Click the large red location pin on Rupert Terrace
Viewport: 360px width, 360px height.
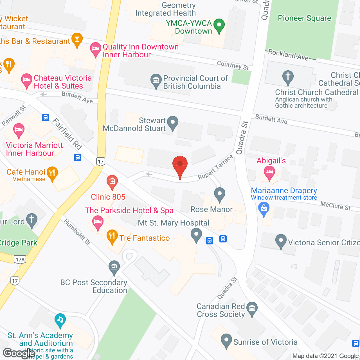pyautogui.click(x=180, y=164)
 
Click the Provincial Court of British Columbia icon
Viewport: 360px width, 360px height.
pyautogui.click(x=156, y=80)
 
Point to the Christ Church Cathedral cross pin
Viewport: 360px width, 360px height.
pyautogui.click(x=288, y=77)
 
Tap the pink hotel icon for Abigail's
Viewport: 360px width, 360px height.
pyautogui.click(x=269, y=172)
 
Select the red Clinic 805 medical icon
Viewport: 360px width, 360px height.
pyautogui.click(x=112, y=182)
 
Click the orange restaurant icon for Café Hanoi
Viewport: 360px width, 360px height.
pyautogui.click(x=52, y=173)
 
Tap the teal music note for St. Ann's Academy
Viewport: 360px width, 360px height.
pyautogui.click(x=60, y=320)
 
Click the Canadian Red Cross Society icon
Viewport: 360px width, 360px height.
pyautogui.click(x=252, y=309)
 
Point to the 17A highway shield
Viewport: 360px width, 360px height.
pyautogui.click(x=20, y=259)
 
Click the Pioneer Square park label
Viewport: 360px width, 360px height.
pyautogui.click(x=304, y=18)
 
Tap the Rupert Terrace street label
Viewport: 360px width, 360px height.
pyautogui.click(x=215, y=167)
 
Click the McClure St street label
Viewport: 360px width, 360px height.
pyautogui.click(x=335, y=206)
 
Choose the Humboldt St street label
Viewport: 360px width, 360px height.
pyautogui.click(x=77, y=232)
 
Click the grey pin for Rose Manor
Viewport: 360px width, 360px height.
pyautogui.click(x=220, y=194)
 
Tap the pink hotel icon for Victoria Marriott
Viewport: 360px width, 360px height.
pyautogui.click(x=19, y=130)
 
